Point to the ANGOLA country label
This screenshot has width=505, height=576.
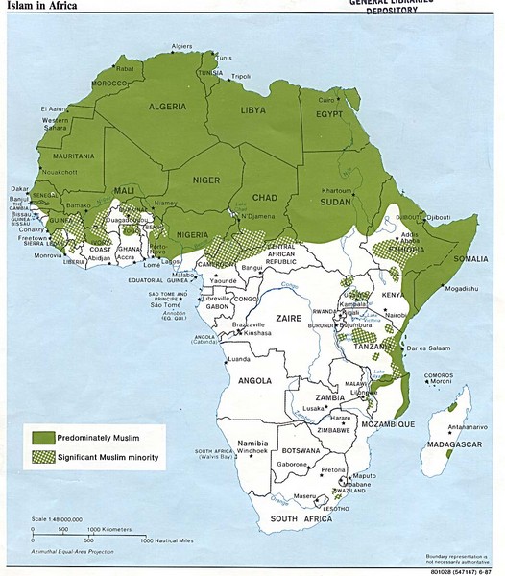254,379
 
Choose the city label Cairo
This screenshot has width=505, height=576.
327,99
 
